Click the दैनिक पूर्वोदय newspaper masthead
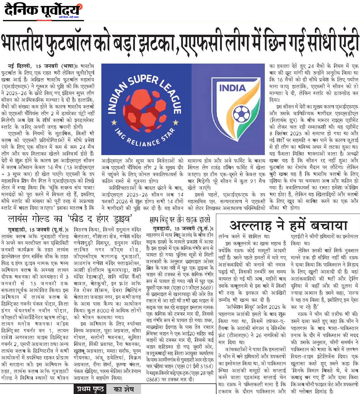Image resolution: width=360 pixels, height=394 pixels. (x=43, y=11)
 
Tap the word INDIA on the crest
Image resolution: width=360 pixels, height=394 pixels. (x=232, y=88)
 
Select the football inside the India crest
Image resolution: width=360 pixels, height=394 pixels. (x=241, y=114)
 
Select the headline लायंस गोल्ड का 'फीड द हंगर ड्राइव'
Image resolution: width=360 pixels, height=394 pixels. (x=70, y=219)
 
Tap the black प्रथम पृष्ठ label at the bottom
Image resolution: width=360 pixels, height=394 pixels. (x=90, y=389)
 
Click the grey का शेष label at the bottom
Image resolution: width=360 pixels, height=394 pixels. (x=124, y=389)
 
